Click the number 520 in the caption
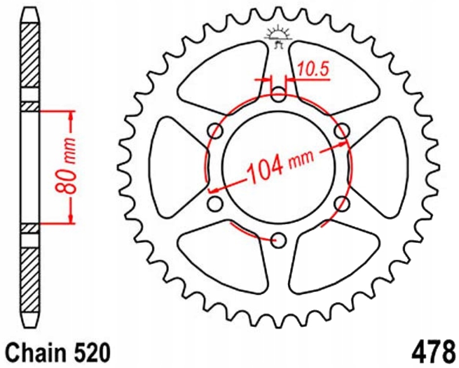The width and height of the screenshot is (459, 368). [x=89, y=352]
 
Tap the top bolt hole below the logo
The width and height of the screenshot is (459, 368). [x=278, y=94]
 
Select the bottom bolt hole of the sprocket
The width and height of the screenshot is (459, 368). [x=278, y=241]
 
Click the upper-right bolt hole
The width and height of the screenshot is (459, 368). [x=341, y=131]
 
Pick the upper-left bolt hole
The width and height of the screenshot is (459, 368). [x=215, y=131]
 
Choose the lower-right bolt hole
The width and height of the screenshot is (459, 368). [x=341, y=203]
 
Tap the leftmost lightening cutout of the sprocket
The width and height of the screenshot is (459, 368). [x=172, y=167]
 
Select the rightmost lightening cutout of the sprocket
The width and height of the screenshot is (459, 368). [x=384, y=167]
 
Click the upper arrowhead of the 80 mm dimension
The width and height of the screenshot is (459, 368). [x=71, y=115]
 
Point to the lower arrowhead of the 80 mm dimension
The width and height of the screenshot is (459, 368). [x=71, y=219]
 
